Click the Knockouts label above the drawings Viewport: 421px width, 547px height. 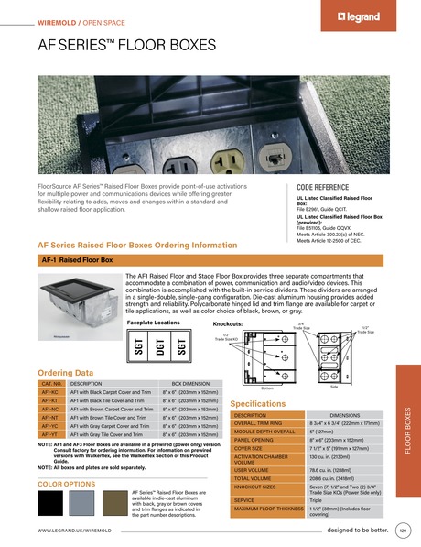point(227,323)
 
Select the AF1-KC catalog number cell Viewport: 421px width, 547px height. point(51,392)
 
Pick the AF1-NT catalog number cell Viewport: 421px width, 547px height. point(51,417)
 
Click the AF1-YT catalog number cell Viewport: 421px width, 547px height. point(51,434)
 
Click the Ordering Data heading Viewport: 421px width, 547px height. point(65,373)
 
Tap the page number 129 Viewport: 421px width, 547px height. point(404,531)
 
